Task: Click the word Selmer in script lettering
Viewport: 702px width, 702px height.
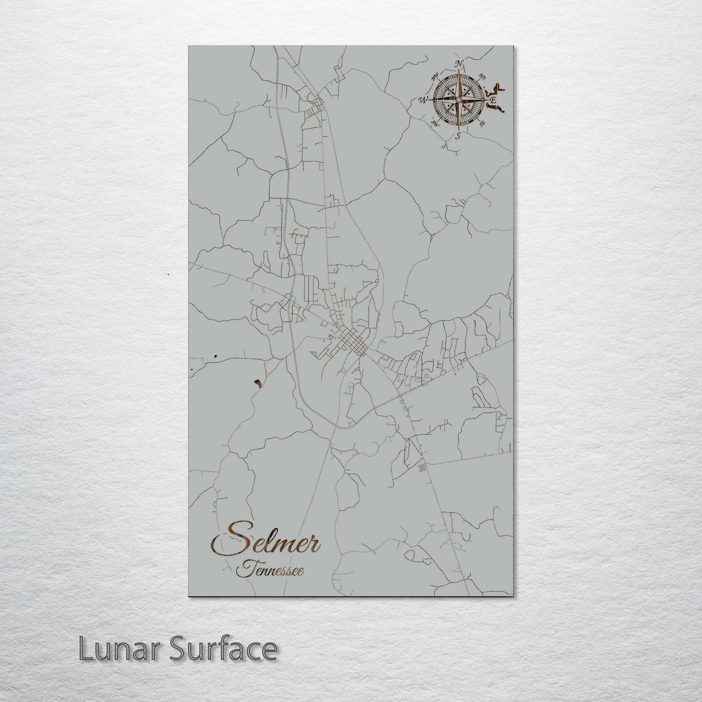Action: (x=266, y=538)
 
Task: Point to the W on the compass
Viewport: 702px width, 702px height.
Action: (x=422, y=100)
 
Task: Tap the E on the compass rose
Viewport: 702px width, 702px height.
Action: (x=493, y=100)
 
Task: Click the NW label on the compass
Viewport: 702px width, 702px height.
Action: (x=436, y=75)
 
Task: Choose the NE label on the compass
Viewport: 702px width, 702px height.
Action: (x=482, y=76)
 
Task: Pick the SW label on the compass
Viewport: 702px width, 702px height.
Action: (x=434, y=123)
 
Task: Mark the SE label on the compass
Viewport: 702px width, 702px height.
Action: (x=481, y=124)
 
